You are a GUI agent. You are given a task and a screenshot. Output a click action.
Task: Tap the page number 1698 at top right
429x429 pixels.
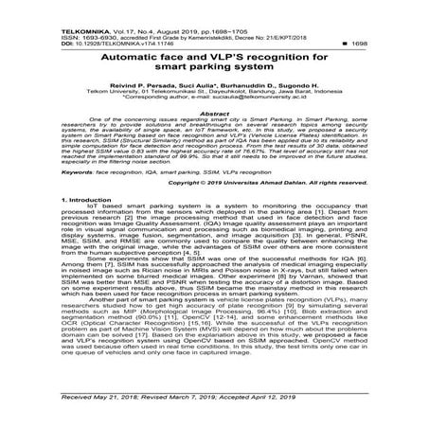pyautogui.click(x=412, y=22)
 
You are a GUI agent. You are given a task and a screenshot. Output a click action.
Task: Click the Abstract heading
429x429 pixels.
pyautogui.click(x=214, y=113)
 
